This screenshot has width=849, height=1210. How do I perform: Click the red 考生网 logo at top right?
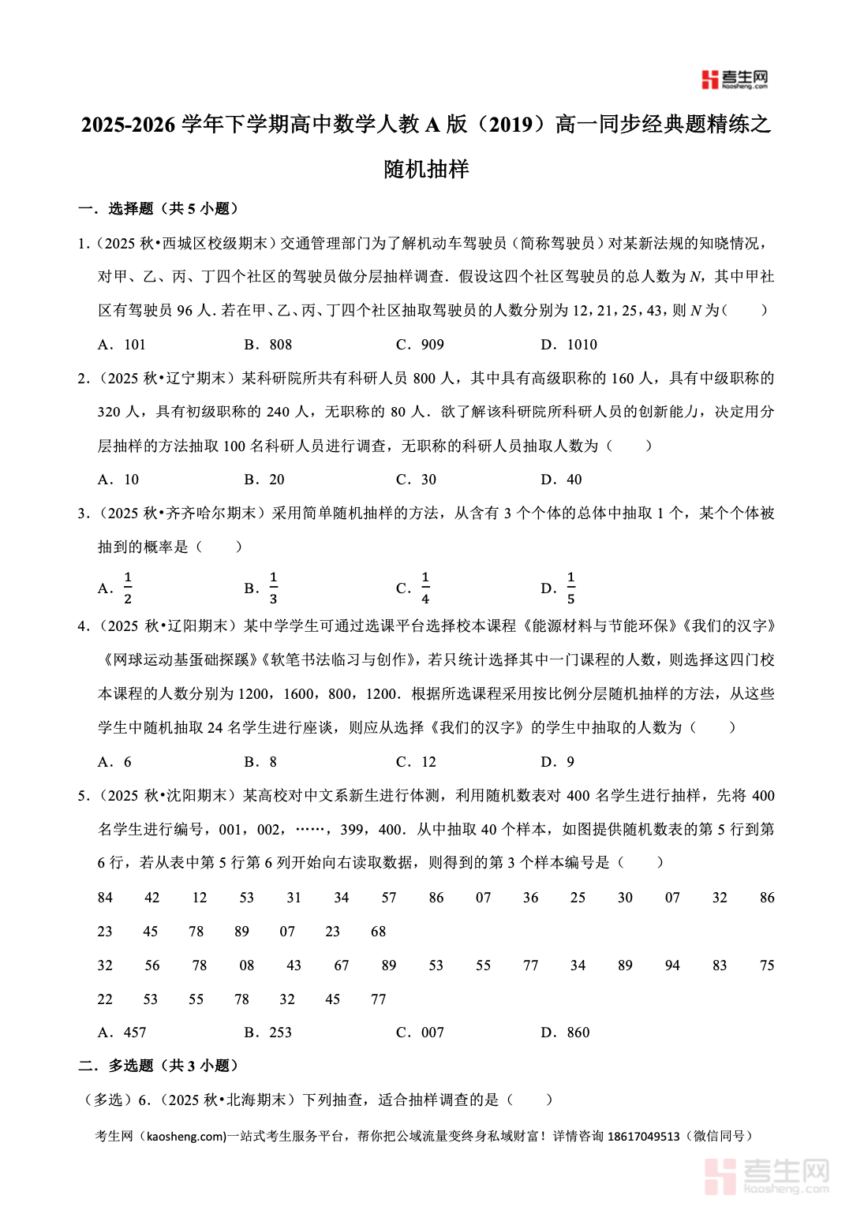click(x=734, y=79)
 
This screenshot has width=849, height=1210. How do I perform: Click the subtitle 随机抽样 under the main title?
click(x=426, y=169)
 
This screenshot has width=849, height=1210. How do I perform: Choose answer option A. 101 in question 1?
click(x=122, y=345)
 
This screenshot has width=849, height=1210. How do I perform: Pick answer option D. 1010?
click(x=569, y=345)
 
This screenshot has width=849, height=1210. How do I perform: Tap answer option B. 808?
click(x=268, y=345)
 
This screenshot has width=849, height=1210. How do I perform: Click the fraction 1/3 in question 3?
click(x=273, y=588)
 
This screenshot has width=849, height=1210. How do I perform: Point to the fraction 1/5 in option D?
click(x=570, y=588)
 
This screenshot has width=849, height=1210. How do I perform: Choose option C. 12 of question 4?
click(x=416, y=762)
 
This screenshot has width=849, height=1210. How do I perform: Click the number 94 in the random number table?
click(x=672, y=965)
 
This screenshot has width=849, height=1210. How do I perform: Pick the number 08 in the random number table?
click(x=247, y=965)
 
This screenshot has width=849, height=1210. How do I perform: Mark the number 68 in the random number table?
click(x=379, y=932)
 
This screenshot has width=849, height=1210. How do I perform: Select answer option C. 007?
click(x=421, y=1033)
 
